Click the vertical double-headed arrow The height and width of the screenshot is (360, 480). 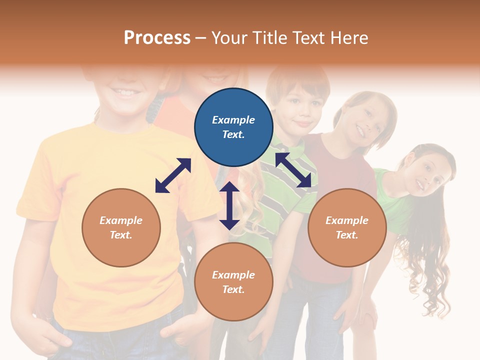click(229, 205)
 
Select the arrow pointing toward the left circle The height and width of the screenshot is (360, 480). click(173, 175)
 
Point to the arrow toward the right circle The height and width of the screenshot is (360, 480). click(293, 169)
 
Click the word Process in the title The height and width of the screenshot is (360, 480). click(157, 38)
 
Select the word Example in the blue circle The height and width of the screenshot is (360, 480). click(233, 120)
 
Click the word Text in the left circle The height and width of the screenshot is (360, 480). click(121, 235)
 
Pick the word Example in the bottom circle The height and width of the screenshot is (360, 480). click(233, 274)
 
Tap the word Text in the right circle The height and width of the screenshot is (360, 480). click(347, 235)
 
